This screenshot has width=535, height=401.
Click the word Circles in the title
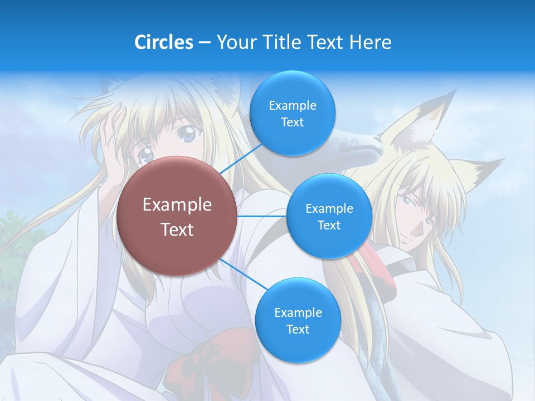[163, 42]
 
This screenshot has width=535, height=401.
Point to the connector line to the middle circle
[262, 216]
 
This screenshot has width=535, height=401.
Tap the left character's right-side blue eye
[188, 133]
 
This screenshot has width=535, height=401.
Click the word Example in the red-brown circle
[177, 205]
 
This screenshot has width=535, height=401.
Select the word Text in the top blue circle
[292, 123]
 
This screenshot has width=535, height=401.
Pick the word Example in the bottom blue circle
[298, 313]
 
